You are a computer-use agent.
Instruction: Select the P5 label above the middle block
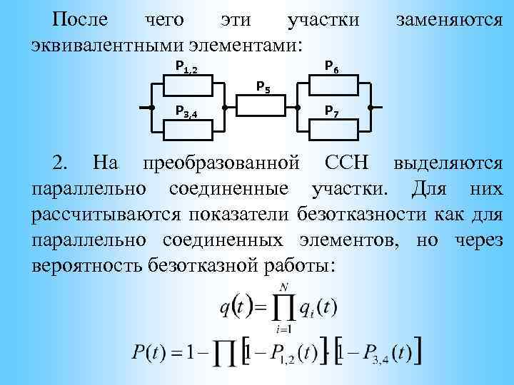click(263, 88)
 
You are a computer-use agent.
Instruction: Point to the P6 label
click(331, 66)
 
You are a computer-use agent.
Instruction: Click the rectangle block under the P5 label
click(261, 107)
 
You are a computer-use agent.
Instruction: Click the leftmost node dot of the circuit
click(152, 107)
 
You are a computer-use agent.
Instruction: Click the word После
click(81, 19)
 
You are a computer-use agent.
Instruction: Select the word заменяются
click(448, 19)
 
